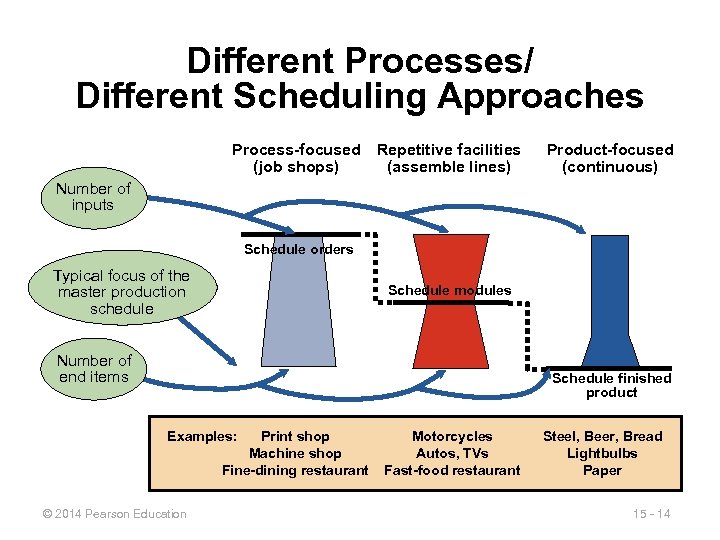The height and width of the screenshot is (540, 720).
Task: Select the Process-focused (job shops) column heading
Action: pyautogui.click(x=296, y=158)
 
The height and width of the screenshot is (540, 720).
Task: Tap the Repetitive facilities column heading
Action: pyautogui.click(x=449, y=158)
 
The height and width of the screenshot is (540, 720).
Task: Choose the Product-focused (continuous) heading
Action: pyautogui.click(x=610, y=158)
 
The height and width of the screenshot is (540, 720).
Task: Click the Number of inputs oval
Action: pyautogui.click(x=93, y=197)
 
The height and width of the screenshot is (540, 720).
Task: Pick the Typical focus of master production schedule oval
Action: pyautogui.click(x=122, y=292)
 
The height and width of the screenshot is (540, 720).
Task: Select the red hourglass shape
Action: pyautogui.click(x=450, y=300)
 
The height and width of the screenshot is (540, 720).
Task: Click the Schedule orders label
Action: pyautogui.click(x=298, y=249)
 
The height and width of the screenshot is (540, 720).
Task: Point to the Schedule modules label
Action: pyautogui.click(x=449, y=290)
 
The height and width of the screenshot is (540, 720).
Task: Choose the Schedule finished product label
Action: pyautogui.click(x=611, y=385)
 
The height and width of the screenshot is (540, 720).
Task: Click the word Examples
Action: pyautogui.click(x=202, y=436)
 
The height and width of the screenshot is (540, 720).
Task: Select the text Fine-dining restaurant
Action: pyautogui.click(x=295, y=470)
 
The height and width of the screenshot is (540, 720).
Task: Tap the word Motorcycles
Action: pyautogui.click(x=452, y=436)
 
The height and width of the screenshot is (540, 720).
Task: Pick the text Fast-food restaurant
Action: pyautogui.click(x=452, y=470)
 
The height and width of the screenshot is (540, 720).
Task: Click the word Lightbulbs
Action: pyautogui.click(x=602, y=453)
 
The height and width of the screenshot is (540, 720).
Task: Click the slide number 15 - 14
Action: pyautogui.click(x=651, y=514)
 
